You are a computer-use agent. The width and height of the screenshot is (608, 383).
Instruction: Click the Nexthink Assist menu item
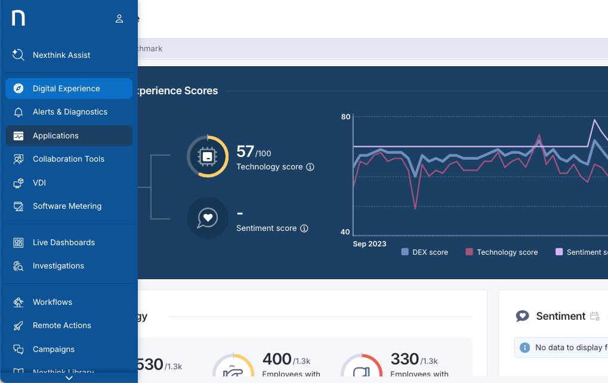point(61,55)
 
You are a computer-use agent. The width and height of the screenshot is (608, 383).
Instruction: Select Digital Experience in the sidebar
point(66,88)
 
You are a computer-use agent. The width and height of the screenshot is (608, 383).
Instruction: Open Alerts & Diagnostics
point(70,112)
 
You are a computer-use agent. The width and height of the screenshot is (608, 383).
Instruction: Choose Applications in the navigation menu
point(55,135)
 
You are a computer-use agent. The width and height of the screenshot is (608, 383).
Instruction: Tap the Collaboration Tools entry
point(68,159)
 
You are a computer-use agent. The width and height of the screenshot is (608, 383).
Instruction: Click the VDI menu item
point(39,183)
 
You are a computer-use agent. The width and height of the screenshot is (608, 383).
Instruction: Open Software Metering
point(67,206)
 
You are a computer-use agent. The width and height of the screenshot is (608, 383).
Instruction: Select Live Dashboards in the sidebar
point(63,242)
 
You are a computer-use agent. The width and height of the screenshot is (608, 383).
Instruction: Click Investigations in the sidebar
point(58,265)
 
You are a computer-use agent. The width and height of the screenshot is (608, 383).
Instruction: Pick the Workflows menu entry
point(52,302)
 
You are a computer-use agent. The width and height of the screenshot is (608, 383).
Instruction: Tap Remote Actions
point(61,325)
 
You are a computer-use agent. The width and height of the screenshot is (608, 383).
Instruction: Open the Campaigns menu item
point(54,349)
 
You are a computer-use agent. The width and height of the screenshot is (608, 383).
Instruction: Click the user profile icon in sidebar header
point(119,18)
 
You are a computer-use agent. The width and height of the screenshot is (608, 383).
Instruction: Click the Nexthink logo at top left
point(18,18)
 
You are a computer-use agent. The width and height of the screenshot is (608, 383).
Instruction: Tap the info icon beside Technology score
point(310,167)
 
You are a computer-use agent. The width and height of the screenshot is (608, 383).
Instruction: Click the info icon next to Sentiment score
point(304,228)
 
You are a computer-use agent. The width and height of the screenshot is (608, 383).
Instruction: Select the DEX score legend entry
point(424,252)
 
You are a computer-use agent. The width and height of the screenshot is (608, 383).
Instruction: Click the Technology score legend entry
point(501,252)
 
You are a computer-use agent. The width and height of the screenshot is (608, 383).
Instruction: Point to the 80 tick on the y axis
point(345,116)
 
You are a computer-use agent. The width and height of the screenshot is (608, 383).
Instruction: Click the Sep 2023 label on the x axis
point(369,244)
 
